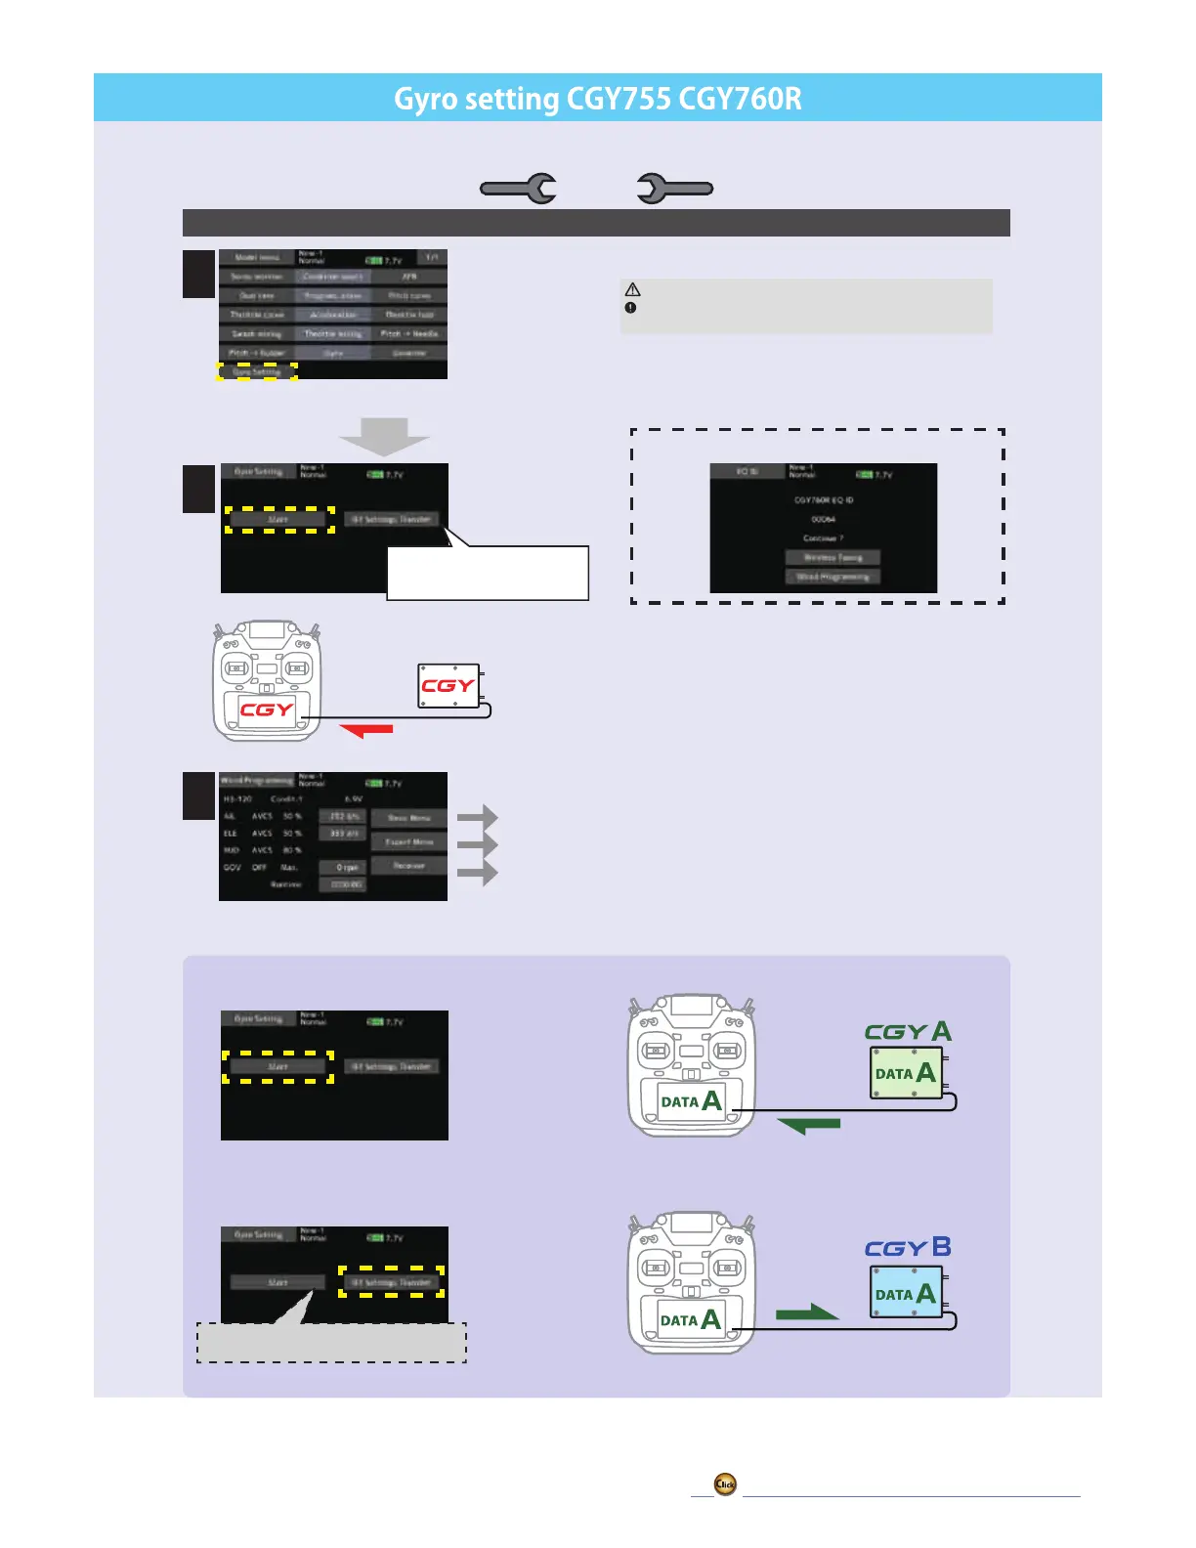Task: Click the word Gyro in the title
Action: click(425, 100)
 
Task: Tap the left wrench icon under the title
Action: click(519, 189)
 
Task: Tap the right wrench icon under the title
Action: click(674, 189)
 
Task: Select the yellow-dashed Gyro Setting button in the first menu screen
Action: click(257, 371)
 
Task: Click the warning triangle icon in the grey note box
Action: click(633, 290)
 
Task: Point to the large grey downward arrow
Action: click(384, 436)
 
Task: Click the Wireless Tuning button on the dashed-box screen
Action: click(833, 557)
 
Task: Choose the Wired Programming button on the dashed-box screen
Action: click(833, 577)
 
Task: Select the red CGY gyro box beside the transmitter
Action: click(448, 686)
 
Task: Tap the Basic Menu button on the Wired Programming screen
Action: click(408, 818)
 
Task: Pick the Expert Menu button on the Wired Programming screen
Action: click(408, 841)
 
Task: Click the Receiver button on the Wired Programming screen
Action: click(408, 866)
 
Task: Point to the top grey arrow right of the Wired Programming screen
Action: click(478, 817)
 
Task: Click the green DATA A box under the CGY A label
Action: click(906, 1073)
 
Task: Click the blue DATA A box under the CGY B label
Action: click(906, 1293)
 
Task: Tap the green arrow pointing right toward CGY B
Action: click(807, 1312)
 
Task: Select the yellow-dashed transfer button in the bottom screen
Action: click(391, 1282)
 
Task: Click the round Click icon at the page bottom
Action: click(725, 1484)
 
